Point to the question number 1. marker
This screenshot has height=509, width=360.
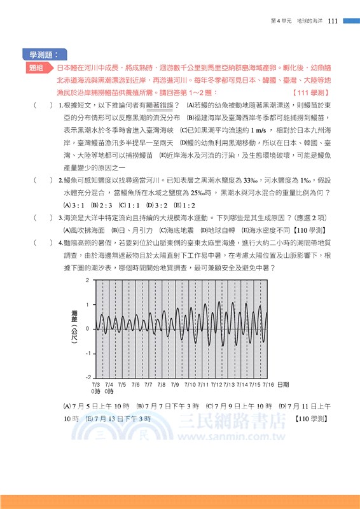[60, 106]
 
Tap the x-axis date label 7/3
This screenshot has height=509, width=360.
[95, 385]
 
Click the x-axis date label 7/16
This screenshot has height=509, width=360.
[268, 385]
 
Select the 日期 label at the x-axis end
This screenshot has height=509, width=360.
[284, 385]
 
